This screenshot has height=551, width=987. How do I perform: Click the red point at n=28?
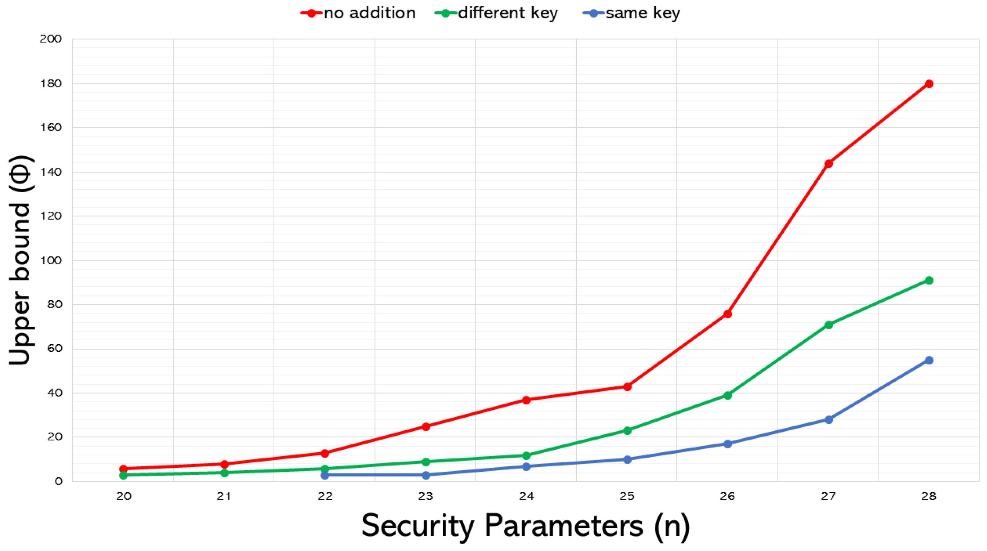click(x=929, y=84)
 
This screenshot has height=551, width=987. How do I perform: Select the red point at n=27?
click(x=828, y=163)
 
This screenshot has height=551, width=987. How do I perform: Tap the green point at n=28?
click(x=929, y=280)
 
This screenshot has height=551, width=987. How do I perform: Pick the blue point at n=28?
click(x=929, y=360)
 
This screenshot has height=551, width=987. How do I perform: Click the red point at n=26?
click(x=727, y=314)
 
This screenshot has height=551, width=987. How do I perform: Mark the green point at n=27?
click(x=828, y=325)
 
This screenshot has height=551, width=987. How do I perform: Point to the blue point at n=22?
click(x=325, y=475)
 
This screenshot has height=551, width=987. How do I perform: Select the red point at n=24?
click(x=526, y=400)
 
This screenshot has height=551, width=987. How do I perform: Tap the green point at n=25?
click(x=627, y=430)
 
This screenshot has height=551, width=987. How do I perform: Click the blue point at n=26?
click(x=727, y=444)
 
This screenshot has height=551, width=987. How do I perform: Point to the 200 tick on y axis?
click(x=50, y=39)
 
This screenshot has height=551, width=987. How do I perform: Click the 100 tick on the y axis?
click(x=50, y=260)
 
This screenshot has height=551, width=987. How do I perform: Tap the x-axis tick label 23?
click(x=425, y=497)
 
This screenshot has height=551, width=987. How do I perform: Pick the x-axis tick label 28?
click(x=929, y=497)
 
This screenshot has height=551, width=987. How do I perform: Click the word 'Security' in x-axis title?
click(x=418, y=526)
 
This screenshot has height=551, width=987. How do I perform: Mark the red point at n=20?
click(x=123, y=469)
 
